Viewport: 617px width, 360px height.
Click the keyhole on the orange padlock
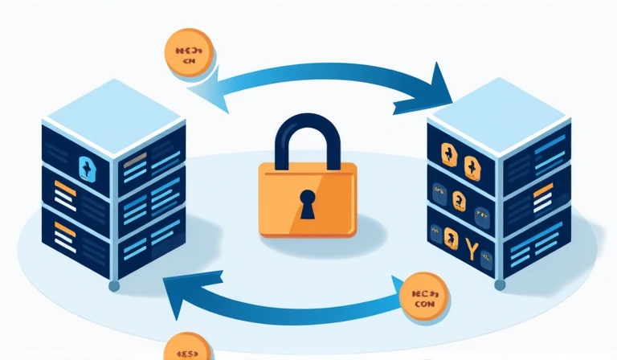308,204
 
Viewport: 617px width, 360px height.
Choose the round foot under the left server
114,285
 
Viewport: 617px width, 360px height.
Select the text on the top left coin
190,53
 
